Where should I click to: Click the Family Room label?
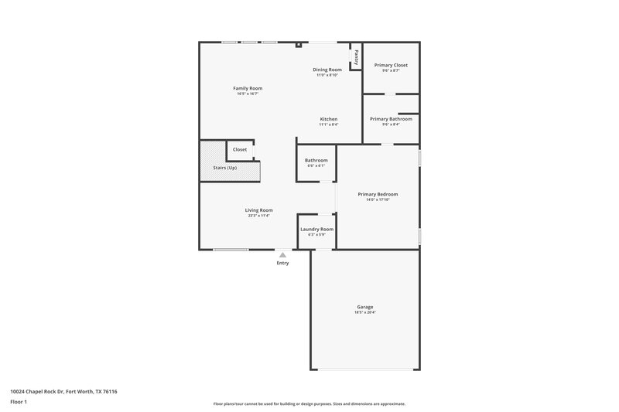pyautogui.click(x=248, y=88)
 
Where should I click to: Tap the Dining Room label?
pyautogui.click(x=327, y=70)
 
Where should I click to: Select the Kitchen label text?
pyautogui.click(x=328, y=119)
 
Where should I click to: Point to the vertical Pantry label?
pyautogui.click(x=356, y=56)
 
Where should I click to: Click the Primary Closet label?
pyautogui.click(x=390, y=65)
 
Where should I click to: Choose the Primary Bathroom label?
pyautogui.click(x=391, y=119)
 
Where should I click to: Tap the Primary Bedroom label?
pyautogui.click(x=378, y=194)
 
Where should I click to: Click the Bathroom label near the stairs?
pyautogui.click(x=316, y=160)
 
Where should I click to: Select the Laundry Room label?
pyautogui.click(x=317, y=229)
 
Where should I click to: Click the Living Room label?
pyautogui.click(x=258, y=210)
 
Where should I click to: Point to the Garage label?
pyautogui.click(x=364, y=307)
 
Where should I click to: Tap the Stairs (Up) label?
pyautogui.click(x=224, y=168)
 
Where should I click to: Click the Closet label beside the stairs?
pyautogui.click(x=240, y=149)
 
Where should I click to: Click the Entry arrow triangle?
pyautogui.click(x=282, y=254)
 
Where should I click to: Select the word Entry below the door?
pyautogui.click(x=282, y=264)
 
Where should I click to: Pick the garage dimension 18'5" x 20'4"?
pyautogui.click(x=364, y=312)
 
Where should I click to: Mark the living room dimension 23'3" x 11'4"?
pyautogui.click(x=258, y=216)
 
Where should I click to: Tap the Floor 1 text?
pyautogui.click(x=19, y=403)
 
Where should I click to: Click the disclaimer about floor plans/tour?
pyautogui.click(x=309, y=403)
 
